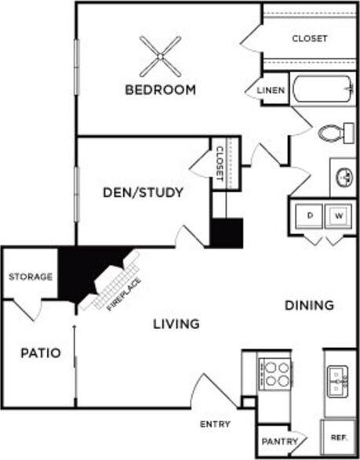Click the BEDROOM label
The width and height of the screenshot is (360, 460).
tap(160, 89)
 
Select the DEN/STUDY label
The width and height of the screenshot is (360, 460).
tap(144, 191)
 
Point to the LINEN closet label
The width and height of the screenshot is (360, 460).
tap(271, 91)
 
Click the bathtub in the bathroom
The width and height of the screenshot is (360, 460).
tap(323, 89)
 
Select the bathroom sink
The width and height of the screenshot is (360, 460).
tap(344, 176)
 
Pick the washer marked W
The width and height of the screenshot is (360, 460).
tap(338, 215)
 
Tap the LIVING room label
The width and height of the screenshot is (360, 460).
tap(175, 323)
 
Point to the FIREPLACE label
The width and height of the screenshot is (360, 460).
tap(124, 294)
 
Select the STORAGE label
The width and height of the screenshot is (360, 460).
tap(31, 277)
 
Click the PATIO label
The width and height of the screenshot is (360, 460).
tap(39, 353)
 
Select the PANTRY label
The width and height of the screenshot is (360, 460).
tap(279, 441)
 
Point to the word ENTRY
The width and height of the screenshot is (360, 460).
tap(215, 424)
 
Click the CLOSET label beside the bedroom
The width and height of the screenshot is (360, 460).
tap(309, 38)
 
